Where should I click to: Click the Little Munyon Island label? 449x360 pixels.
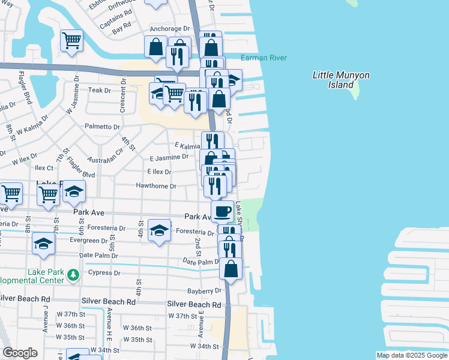tap(341, 80)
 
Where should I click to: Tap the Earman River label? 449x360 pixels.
tap(264, 58)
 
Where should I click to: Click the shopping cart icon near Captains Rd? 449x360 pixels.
tap(72, 41)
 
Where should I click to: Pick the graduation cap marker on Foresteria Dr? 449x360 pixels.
tap(159, 231)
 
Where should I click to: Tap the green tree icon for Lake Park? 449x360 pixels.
tap(73, 275)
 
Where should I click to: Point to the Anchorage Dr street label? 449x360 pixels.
tap(170, 29)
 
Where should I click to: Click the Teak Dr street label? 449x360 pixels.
tap(100, 90)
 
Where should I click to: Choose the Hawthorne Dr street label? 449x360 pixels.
tap(155, 186)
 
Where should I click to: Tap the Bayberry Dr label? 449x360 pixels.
tap(205, 290)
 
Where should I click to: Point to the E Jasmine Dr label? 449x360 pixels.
tap(169, 157)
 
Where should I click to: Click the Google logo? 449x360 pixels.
tap(20, 353)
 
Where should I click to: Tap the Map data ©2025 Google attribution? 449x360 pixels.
tap(411, 355)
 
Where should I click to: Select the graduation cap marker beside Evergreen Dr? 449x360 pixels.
tap(44, 243)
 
